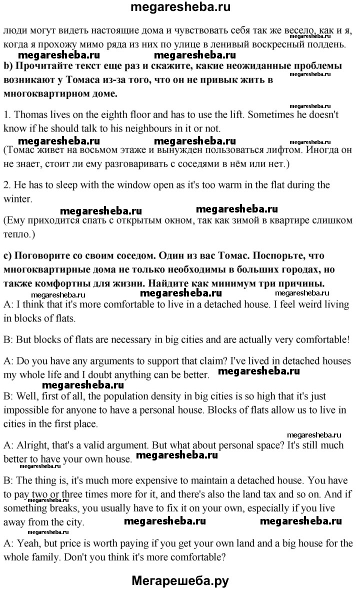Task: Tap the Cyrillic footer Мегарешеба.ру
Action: point(180,580)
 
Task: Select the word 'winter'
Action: point(17,198)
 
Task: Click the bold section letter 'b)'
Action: point(8,66)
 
